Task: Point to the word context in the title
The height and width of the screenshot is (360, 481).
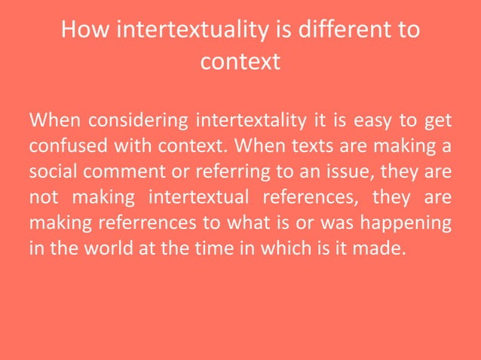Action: click(240, 61)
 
